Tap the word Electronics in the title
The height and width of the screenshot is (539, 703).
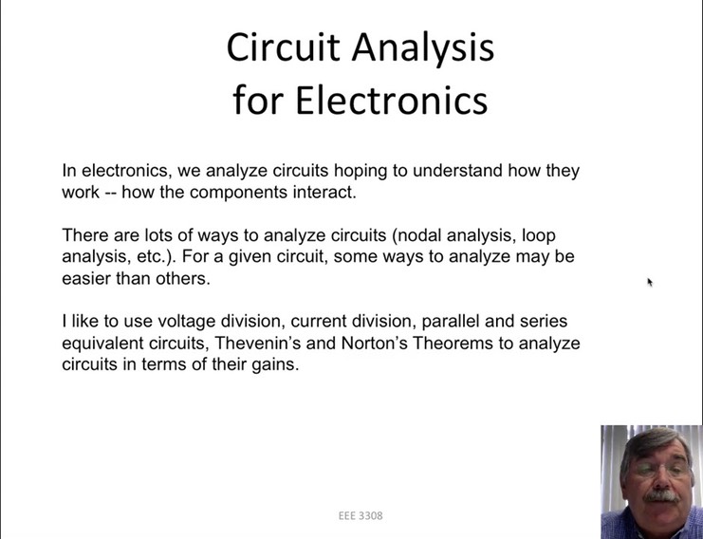392,99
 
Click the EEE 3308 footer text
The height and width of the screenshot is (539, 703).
361,516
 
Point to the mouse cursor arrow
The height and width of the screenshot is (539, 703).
650,282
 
